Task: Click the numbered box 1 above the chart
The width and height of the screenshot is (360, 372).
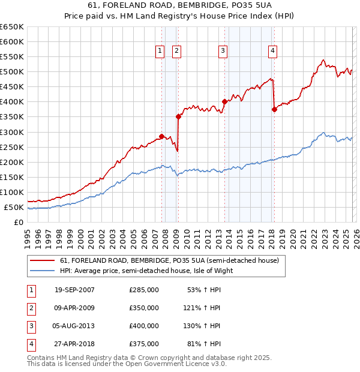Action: click(160, 52)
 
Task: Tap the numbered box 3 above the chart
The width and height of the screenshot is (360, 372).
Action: click(223, 52)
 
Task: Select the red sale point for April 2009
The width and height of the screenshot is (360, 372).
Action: click(178, 116)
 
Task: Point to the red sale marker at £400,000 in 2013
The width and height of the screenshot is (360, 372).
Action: click(224, 101)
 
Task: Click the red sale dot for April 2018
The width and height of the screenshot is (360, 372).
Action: click(274, 109)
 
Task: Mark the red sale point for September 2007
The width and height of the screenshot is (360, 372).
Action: click(162, 136)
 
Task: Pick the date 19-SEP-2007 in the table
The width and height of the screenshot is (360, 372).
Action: click(74, 290)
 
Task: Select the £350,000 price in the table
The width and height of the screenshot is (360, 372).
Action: click(144, 308)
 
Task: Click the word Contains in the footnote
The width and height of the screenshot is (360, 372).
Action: click(42, 358)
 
